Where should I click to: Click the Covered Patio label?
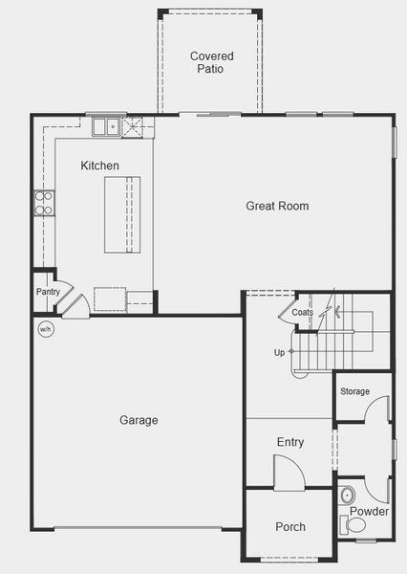pyautogui.click(x=211, y=62)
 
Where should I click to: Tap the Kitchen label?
pyautogui.click(x=100, y=166)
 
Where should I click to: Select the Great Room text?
pyautogui.click(x=277, y=206)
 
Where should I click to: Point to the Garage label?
pyautogui.click(x=139, y=420)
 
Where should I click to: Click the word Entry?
pyautogui.click(x=290, y=442)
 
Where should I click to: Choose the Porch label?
pyautogui.click(x=290, y=527)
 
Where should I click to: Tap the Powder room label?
pyautogui.click(x=369, y=512)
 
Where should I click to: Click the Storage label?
pyautogui.click(x=354, y=391)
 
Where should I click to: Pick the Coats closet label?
pyautogui.click(x=302, y=313)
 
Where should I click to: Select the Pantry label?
pyautogui.click(x=48, y=292)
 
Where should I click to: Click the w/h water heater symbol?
pyautogui.click(x=45, y=330)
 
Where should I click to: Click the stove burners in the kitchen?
pyautogui.click(x=44, y=202)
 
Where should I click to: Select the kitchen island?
pyautogui.click(x=121, y=214)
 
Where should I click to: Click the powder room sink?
pyautogui.click(x=347, y=496)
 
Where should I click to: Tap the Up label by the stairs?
pyautogui.click(x=279, y=352)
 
